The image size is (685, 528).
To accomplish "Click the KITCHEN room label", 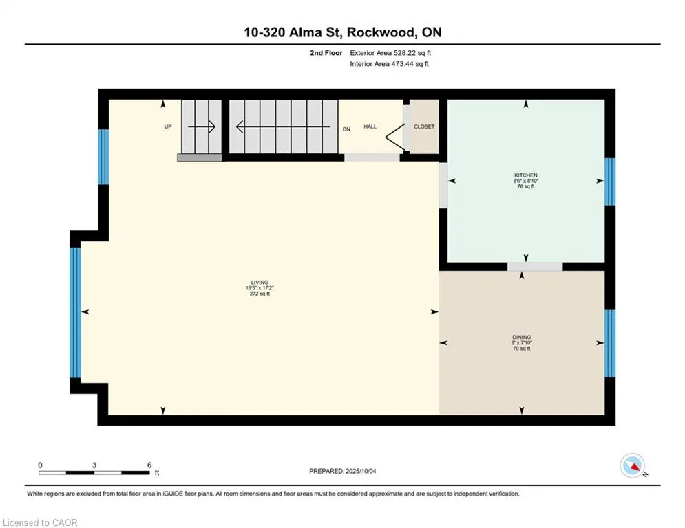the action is point(525,175).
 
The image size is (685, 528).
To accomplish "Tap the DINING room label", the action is point(522,337).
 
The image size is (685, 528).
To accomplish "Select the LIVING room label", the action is point(260,283).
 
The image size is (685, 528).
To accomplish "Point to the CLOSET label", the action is point(424,126).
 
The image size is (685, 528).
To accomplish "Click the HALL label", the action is point(370,126).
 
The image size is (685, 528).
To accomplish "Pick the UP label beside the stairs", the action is point(168,126).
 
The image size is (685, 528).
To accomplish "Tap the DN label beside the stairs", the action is point(346,129).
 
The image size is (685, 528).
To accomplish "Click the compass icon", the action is point(633,466).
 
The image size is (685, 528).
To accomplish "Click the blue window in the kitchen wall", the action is point(610,181).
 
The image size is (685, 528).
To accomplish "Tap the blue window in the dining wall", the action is point(610,344).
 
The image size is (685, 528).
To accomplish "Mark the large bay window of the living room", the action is point(76,312).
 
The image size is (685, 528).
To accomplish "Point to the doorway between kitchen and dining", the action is point(535,267).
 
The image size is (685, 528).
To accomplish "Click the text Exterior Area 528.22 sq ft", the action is point(390,53).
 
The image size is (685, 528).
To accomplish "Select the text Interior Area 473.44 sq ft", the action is point(389,64).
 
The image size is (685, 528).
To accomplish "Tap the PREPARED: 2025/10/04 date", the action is point(343,471).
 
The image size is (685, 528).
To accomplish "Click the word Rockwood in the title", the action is point(379,32).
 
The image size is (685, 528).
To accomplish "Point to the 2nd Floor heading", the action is point(326,53).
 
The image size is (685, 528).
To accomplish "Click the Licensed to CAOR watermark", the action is point(40,522).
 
